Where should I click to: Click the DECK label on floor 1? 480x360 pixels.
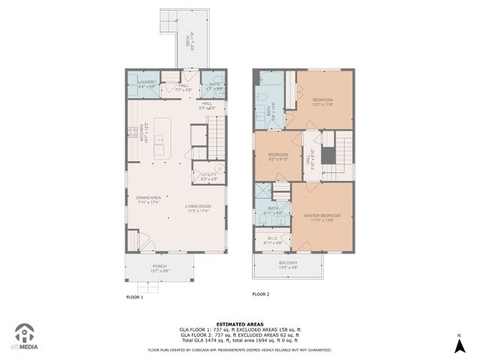[187, 53]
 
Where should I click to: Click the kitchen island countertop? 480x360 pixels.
[159, 138]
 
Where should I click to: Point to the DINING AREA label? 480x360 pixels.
[148, 199]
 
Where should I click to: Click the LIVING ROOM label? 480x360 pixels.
[199, 208]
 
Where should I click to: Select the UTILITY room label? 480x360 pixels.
[208, 176]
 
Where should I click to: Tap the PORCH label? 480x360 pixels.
[159, 268]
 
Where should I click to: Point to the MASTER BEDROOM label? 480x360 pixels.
[322, 218]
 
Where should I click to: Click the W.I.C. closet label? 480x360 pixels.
[272, 241]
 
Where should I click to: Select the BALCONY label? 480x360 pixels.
[288, 264]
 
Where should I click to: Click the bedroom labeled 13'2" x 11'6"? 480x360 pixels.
[323, 101]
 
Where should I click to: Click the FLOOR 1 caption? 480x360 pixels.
[134, 297]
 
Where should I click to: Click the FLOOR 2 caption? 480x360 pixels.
[260, 294]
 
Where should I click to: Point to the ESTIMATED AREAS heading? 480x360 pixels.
[239, 324]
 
